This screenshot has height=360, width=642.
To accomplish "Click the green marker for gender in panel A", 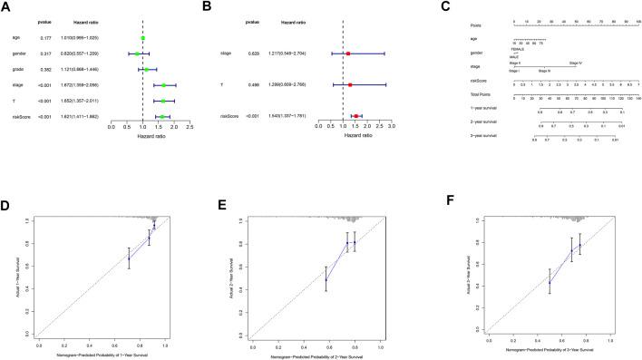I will pyautogui.click(x=138, y=54).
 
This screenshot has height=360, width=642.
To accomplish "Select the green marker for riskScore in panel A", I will pyautogui.click(x=162, y=116).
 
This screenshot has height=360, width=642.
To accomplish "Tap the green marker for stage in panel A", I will pyautogui.click(x=164, y=85).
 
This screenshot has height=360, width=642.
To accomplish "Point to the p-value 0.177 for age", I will pyautogui.click(x=48, y=38).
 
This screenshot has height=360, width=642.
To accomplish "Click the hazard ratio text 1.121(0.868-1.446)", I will pyautogui.click(x=91, y=69).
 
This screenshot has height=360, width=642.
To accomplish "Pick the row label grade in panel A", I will pyautogui.click(x=17, y=69).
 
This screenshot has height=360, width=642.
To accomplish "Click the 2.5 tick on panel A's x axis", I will pyautogui.click(x=190, y=128).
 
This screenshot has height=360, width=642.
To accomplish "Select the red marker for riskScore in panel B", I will pyautogui.click(x=357, y=116).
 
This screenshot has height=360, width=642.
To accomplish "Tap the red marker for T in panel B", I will pyautogui.click(x=350, y=85).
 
